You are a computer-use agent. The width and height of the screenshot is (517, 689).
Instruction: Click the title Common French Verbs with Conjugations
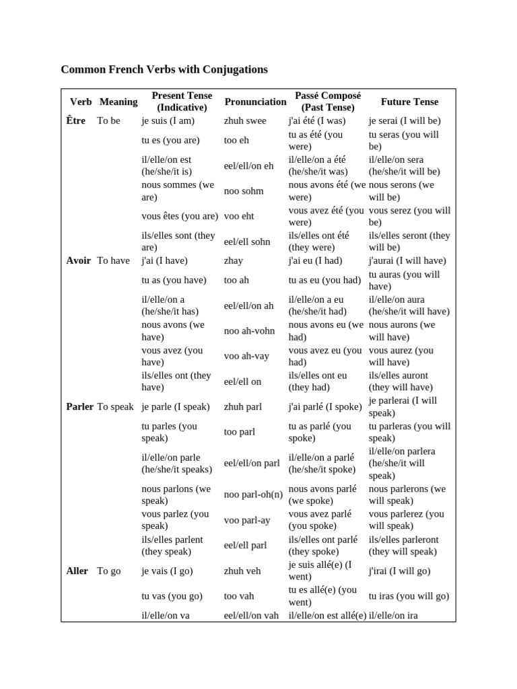(164, 69)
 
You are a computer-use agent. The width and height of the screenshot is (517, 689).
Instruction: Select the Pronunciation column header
(255, 102)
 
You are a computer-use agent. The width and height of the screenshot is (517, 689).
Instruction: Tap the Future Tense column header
(409, 102)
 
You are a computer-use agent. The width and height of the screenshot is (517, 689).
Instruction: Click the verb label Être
(76, 121)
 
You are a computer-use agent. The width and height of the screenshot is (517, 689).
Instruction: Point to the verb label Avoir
(79, 261)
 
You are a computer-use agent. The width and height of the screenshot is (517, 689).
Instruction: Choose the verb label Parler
(80, 407)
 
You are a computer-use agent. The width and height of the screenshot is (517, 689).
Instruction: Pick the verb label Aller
(77, 571)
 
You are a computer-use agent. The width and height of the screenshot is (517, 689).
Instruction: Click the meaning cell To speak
(115, 407)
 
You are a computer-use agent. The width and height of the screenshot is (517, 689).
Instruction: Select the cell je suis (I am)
(168, 121)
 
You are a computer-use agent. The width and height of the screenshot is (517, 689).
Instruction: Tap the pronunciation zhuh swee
(245, 121)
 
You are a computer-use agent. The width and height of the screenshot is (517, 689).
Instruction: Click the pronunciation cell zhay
(234, 261)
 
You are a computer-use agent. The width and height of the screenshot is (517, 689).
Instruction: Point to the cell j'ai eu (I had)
(316, 261)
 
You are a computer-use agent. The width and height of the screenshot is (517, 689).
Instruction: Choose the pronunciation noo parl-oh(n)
(252, 495)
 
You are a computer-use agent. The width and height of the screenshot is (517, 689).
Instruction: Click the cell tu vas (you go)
(172, 596)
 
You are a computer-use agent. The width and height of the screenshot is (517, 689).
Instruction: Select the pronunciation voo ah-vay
(247, 357)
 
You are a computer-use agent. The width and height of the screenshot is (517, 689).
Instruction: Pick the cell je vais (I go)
(167, 571)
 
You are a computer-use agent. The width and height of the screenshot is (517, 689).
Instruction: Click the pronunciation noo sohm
(244, 191)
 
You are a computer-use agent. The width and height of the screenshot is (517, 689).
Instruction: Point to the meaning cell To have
(113, 261)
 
